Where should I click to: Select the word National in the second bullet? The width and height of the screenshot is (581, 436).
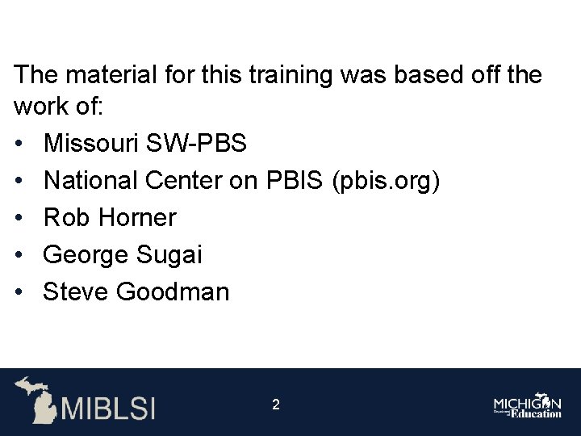pos(90,181)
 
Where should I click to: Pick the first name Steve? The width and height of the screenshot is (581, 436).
pos(76,291)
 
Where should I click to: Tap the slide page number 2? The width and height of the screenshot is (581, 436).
pos(276,405)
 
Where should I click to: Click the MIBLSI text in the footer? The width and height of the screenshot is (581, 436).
pos(108,406)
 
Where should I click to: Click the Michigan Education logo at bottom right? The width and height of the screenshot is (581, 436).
pos(528,405)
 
